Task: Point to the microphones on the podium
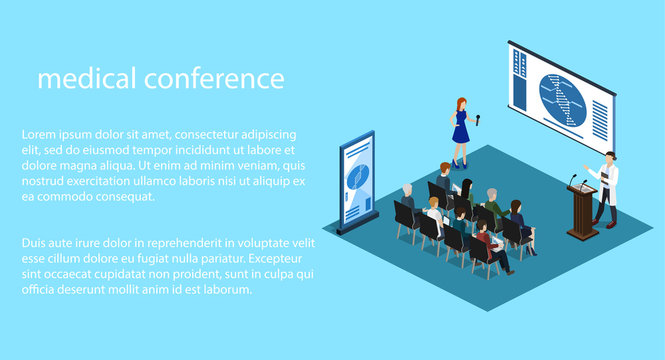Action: coord(575,182)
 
